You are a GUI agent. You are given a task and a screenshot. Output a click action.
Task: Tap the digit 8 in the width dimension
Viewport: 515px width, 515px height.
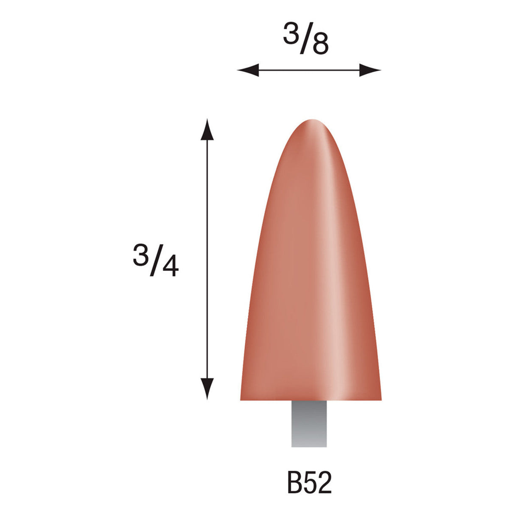[x=320, y=45]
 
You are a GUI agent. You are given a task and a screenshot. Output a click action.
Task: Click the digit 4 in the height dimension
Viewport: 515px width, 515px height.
[x=170, y=266]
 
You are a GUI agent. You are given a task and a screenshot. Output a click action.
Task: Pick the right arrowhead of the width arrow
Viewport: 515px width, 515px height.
[x=370, y=70]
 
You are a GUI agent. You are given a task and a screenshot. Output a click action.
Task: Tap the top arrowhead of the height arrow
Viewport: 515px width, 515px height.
[x=207, y=129]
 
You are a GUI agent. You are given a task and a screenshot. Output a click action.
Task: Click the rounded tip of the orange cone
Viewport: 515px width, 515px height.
[x=312, y=123]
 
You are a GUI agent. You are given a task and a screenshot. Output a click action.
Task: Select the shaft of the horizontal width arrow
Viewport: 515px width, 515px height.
[x=309, y=70]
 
